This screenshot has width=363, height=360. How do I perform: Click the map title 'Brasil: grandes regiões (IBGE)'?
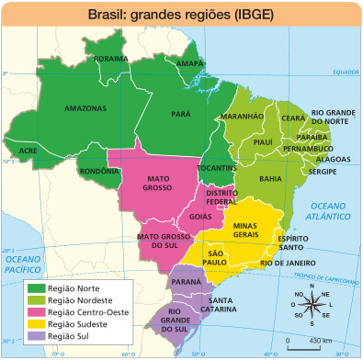pos(181,16)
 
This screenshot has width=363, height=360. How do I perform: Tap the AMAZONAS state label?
pos(85,107)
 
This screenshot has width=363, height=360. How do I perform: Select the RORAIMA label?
pos(111,58)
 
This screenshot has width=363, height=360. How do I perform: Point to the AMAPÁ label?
pos(189,63)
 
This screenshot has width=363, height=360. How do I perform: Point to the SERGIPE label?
pos(322,171)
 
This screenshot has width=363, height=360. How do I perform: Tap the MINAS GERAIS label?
pos(251,229)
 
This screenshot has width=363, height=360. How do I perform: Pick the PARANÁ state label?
pos(186,280)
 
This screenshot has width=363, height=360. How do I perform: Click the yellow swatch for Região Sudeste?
pos(37,323)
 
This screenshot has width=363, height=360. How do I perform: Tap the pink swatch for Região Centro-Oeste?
pos(37,311)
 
